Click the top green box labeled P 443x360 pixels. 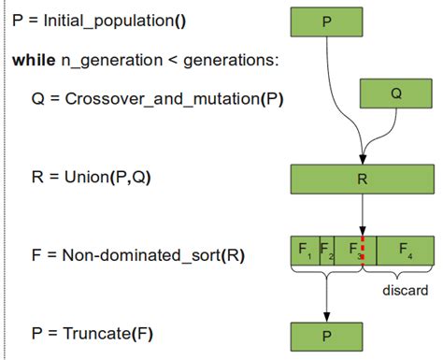326,22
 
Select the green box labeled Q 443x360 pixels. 397,94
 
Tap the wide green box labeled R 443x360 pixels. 362,179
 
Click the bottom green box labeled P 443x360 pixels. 326,335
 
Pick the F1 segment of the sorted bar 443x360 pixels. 305,251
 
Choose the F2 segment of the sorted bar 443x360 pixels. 326,251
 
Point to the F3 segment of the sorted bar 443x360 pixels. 350,251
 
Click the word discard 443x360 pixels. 405,291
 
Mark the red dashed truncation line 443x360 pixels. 363,251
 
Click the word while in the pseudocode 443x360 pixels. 33,61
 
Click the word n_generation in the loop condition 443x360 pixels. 102,61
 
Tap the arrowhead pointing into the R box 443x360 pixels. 362,160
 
